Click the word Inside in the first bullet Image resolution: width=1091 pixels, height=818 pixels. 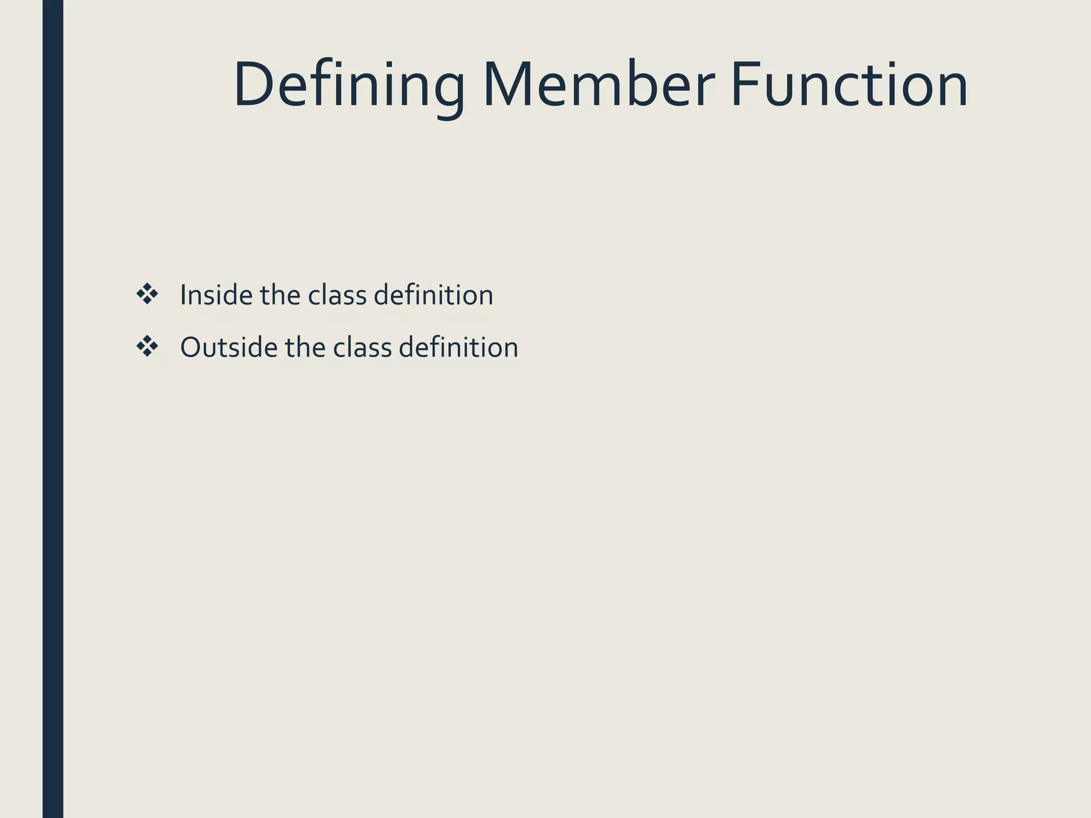(x=216, y=295)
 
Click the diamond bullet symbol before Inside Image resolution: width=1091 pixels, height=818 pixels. (x=147, y=295)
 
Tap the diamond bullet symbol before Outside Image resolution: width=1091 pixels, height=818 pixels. (x=147, y=347)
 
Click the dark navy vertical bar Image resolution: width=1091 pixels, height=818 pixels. (x=53, y=409)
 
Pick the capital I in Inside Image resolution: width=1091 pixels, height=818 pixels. (x=183, y=295)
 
